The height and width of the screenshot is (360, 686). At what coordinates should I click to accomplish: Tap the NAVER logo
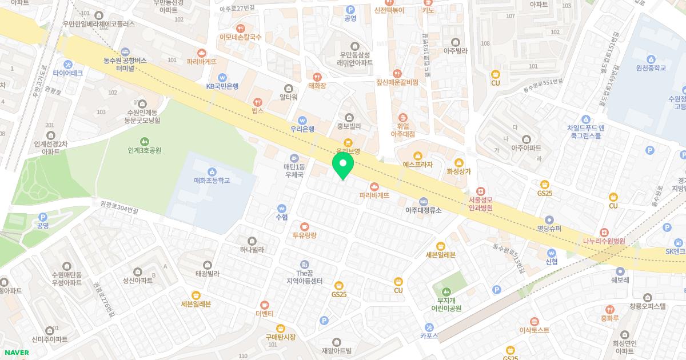[15, 353]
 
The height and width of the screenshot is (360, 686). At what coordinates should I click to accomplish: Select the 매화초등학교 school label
[212, 181]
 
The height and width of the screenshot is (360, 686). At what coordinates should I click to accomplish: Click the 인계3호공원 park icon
[145, 141]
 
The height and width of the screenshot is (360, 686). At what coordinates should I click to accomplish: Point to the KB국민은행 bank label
[222, 86]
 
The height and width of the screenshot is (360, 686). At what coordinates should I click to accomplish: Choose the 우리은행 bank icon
[302, 119]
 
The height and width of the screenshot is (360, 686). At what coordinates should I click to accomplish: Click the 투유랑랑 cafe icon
[304, 226]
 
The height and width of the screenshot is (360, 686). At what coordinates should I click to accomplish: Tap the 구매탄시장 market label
[280, 337]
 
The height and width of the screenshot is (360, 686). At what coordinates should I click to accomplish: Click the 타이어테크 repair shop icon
[68, 64]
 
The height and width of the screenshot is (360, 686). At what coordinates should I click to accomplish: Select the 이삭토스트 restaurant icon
[534, 321]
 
